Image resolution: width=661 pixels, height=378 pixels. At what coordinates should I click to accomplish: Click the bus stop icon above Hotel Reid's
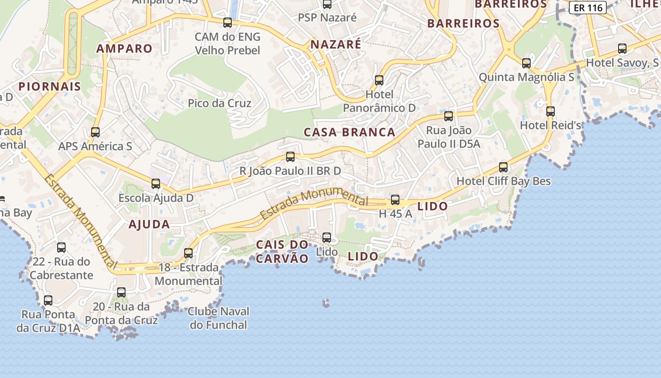(x=550, y=112)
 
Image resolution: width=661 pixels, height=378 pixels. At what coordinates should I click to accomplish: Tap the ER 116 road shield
(x=587, y=8)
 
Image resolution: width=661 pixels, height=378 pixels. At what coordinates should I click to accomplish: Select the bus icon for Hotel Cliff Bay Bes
(x=503, y=167)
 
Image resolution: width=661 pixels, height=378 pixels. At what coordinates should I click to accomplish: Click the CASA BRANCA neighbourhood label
(x=349, y=132)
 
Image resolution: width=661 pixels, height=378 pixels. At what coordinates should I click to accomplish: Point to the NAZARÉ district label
(x=336, y=44)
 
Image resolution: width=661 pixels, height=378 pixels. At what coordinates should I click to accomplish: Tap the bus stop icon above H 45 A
(x=395, y=200)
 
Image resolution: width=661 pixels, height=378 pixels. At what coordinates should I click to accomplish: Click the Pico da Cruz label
(x=220, y=103)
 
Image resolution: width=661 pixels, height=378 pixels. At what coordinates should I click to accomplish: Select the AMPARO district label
(x=125, y=48)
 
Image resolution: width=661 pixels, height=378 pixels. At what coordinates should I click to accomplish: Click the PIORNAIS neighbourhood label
(x=50, y=86)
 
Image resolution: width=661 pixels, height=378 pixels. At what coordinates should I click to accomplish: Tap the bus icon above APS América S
(x=95, y=132)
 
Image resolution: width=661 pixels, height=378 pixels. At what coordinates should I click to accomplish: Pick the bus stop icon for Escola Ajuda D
(x=156, y=184)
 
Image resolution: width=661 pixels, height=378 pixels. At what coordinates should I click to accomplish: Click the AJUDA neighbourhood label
(x=149, y=224)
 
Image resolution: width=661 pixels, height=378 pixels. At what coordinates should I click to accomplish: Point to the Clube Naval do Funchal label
(x=219, y=318)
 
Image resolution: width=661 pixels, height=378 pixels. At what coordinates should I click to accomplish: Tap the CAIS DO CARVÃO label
(x=282, y=251)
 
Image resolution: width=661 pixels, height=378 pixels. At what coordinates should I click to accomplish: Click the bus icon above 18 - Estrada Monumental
(x=188, y=253)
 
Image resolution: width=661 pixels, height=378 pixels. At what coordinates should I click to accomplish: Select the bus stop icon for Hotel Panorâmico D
(x=379, y=80)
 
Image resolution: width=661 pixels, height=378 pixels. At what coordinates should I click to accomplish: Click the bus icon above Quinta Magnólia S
(x=526, y=63)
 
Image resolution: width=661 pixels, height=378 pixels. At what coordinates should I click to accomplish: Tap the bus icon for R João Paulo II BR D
(x=290, y=157)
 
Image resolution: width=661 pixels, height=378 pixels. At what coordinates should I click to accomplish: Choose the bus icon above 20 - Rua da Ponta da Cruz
(x=121, y=292)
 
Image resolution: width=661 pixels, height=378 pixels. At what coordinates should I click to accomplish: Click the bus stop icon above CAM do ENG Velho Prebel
(x=228, y=23)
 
